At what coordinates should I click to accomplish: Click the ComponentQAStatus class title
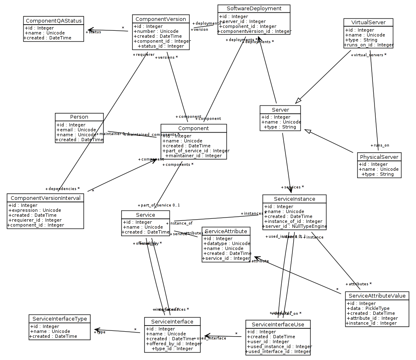[x=53, y=21]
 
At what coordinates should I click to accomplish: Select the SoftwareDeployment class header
[x=254, y=9]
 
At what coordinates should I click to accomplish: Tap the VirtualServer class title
[x=368, y=22]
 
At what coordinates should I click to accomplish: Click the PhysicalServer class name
[x=379, y=157]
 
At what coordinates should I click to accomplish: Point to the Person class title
[x=79, y=117]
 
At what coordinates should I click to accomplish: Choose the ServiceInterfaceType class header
[x=60, y=319]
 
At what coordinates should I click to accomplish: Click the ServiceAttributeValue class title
[x=377, y=296]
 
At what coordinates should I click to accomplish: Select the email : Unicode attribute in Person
[x=76, y=130]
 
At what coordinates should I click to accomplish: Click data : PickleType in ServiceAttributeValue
[x=368, y=308]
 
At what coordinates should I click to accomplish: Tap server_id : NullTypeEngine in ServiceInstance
[x=295, y=226]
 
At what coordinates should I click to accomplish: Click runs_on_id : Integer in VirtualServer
[x=369, y=45]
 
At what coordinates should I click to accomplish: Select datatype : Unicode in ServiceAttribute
[x=226, y=243]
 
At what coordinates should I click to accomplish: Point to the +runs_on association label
[x=380, y=145]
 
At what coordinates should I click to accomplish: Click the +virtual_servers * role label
[x=369, y=55]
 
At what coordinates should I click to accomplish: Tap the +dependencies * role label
[x=62, y=189]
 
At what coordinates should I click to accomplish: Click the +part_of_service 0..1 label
[x=159, y=205]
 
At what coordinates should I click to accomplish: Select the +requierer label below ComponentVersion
[x=143, y=54]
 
